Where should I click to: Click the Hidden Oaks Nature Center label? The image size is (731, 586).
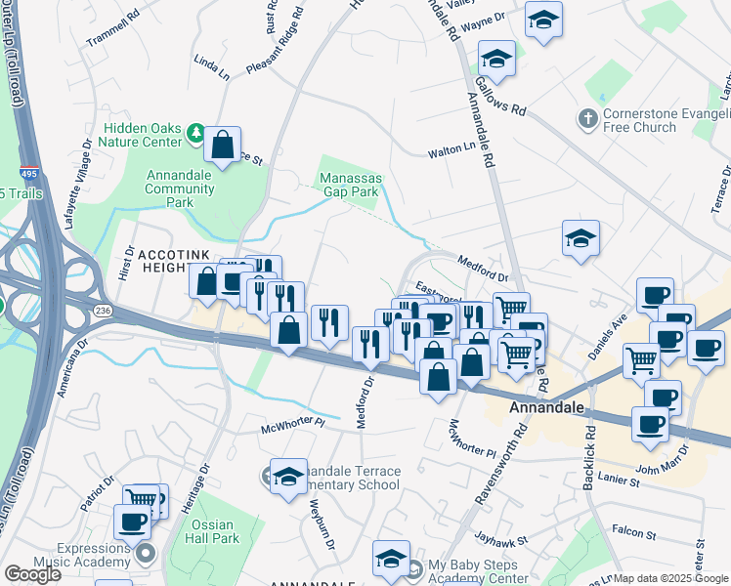(x=144, y=135)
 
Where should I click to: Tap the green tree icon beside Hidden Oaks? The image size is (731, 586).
(x=195, y=130)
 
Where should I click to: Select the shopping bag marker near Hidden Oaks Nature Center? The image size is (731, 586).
(x=224, y=146)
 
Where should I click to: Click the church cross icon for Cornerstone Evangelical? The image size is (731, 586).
(x=586, y=117)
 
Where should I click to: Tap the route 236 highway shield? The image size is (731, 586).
(x=102, y=310)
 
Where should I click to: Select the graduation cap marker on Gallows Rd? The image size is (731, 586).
(x=496, y=59)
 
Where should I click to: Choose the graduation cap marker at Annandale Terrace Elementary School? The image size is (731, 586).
(x=288, y=476)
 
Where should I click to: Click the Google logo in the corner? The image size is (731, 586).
(x=32, y=574)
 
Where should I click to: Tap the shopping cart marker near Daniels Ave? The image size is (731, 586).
(x=642, y=361)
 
